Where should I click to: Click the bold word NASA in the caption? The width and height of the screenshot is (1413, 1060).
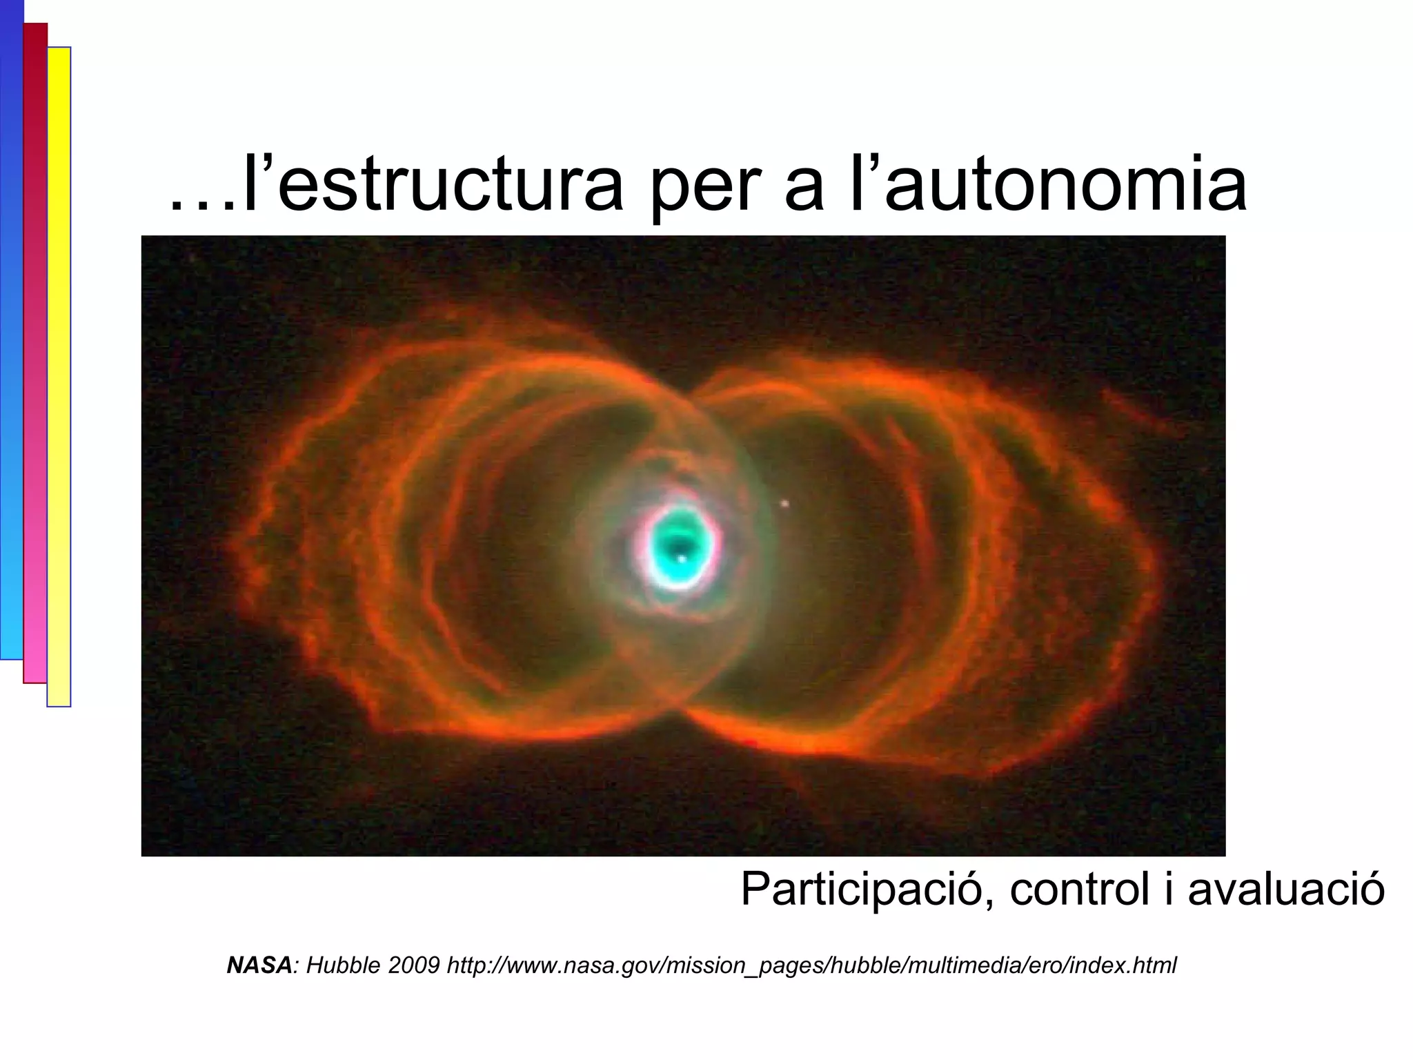pos(259,965)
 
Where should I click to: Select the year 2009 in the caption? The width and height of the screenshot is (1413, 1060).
pos(413,965)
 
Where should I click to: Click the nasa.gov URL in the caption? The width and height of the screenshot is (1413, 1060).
pos(811,966)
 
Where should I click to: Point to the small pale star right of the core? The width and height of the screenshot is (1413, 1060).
pos(784,504)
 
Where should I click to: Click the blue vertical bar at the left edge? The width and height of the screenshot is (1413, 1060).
pos(11,331)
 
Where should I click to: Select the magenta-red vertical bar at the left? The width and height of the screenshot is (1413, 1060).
pos(34,352)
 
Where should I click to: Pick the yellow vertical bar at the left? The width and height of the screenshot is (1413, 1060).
pos(59,376)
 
